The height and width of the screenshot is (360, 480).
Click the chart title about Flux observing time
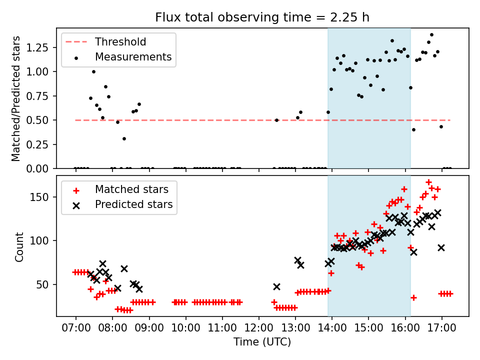point(262,17)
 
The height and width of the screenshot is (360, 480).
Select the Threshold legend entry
point(120,41)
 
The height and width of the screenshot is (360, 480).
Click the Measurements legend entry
point(133,57)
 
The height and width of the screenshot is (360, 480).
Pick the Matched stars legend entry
point(131,189)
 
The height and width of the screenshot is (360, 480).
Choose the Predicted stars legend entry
point(133,204)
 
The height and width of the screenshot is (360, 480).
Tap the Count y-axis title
point(19,246)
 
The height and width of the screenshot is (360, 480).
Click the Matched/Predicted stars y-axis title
point(16,98)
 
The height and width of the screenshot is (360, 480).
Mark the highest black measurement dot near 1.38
point(431,35)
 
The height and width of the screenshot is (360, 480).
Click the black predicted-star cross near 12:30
point(276,286)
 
